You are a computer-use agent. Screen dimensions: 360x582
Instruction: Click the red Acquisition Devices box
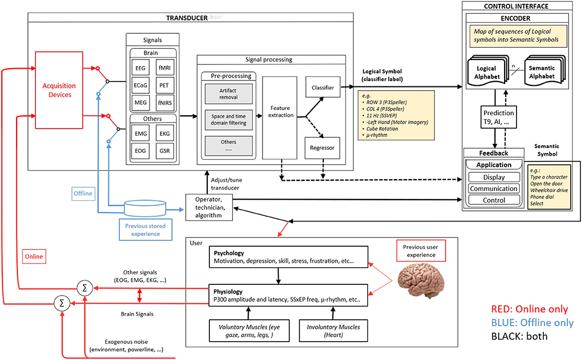coord(59,90)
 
